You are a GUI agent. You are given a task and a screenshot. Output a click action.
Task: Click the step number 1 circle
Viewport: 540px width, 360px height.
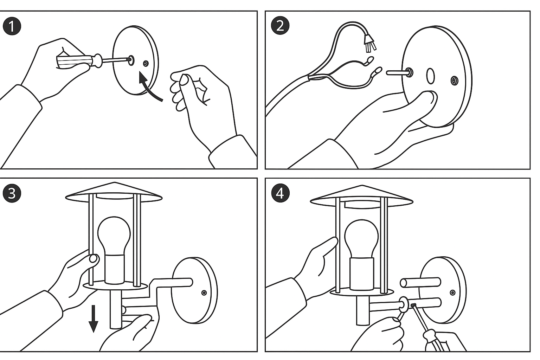[x=12, y=27]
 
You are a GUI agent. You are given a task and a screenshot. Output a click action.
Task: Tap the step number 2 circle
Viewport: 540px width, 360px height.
[x=280, y=26]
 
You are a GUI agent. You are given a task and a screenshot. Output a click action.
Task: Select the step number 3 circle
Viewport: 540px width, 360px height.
[x=12, y=193]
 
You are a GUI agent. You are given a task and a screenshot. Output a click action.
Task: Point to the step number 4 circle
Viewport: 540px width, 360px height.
[x=280, y=193]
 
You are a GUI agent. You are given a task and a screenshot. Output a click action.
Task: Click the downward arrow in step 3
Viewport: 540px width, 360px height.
[x=93, y=319]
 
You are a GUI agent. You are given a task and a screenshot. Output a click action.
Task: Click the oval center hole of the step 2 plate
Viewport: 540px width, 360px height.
[x=430, y=76]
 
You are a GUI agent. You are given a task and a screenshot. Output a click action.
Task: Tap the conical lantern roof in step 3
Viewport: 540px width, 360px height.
[x=114, y=192]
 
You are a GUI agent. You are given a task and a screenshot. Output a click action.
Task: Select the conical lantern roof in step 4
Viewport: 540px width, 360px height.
[x=362, y=195]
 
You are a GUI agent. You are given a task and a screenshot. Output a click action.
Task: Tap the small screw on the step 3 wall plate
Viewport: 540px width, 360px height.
[x=204, y=292]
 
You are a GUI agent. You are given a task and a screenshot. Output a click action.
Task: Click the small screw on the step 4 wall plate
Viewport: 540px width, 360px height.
[x=452, y=292]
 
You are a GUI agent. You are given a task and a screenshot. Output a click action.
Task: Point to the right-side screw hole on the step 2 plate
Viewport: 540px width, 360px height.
[x=454, y=81]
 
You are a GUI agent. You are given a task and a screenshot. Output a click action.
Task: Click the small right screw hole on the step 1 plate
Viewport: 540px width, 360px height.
[x=146, y=64]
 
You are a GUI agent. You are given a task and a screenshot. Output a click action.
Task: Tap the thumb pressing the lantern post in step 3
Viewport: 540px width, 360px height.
[x=93, y=259]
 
